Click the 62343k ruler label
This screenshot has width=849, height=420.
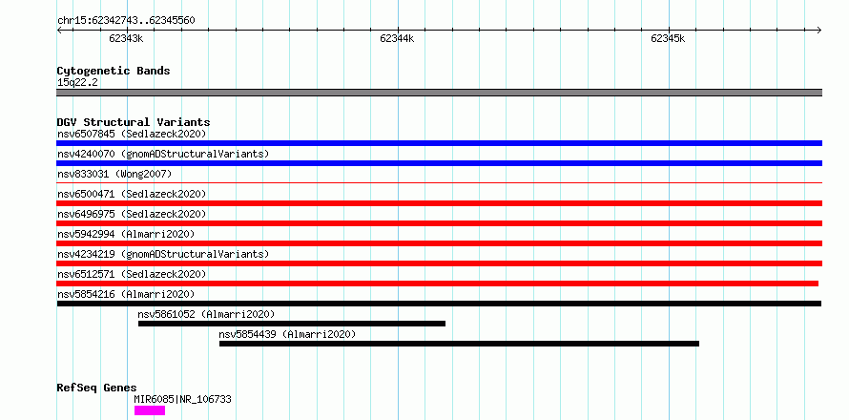click(126, 38)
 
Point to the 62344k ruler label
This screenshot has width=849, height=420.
click(397, 38)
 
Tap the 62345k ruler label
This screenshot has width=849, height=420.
click(668, 38)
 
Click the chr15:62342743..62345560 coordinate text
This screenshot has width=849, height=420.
click(126, 21)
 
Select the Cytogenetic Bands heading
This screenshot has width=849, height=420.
click(114, 71)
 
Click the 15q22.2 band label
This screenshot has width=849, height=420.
click(77, 83)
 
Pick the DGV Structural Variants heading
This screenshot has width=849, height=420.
click(134, 122)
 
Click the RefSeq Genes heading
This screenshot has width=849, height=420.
click(97, 388)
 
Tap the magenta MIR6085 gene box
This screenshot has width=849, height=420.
click(150, 410)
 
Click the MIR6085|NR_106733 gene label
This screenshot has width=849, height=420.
click(182, 399)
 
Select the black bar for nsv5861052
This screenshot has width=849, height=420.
click(292, 324)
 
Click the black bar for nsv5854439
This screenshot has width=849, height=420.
click(459, 344)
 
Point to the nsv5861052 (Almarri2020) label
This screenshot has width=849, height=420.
click(206, 314)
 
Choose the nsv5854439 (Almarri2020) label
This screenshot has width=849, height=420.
click(287, 334)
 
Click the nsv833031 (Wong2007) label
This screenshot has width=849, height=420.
click(114, 174)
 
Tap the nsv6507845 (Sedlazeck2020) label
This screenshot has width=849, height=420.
click(132, 134)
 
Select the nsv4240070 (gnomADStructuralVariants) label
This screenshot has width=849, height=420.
click(163, 154)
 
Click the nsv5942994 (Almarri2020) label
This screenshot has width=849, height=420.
click(126, 234)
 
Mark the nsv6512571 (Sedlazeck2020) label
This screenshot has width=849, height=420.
click(132, 274)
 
